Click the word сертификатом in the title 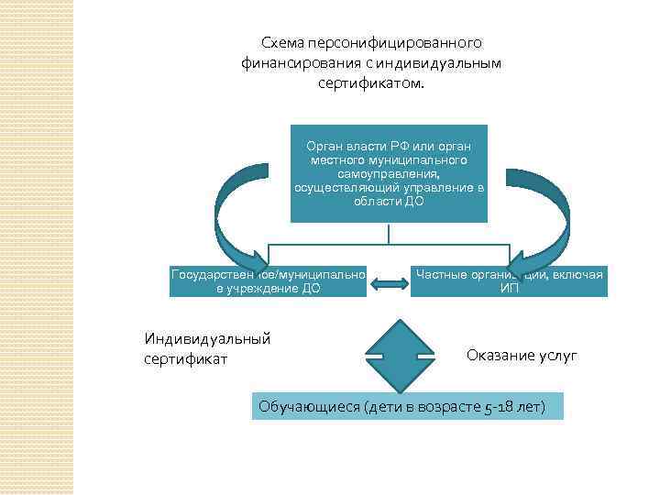point(372,83)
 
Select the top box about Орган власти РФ point(389,173)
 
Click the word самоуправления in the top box point(388,172)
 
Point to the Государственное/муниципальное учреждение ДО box point(268,281)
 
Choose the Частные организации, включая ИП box point(510,281)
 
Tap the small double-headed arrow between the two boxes point(390,285)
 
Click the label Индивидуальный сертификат point(207,348)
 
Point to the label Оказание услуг point(522,356)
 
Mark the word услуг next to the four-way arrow point(557,356)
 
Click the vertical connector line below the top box point(389,233)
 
